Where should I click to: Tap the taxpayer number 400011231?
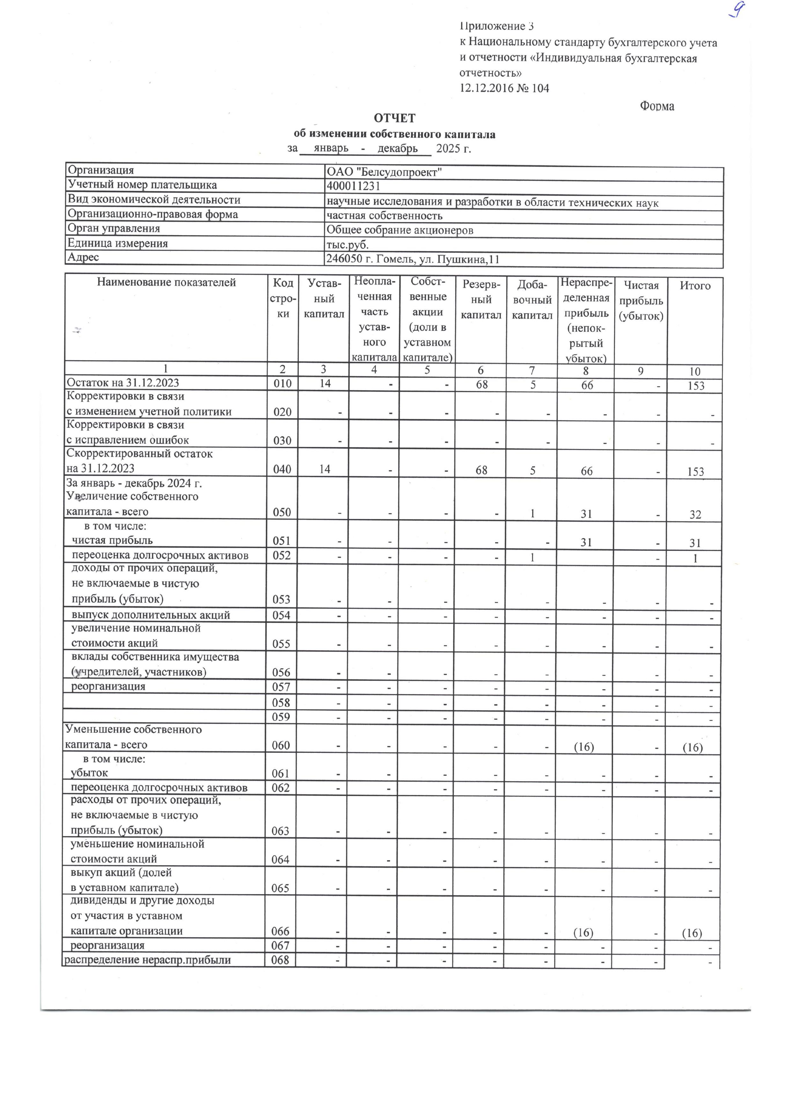353,187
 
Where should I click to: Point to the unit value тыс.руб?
347,245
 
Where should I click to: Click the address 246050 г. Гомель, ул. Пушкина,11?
413,259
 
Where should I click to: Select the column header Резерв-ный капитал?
481,300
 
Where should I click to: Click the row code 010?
283,384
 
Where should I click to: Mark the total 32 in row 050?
695,515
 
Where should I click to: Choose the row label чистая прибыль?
113,541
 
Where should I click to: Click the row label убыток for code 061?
89,773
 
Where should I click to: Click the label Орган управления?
114,229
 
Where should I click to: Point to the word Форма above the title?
657,106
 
